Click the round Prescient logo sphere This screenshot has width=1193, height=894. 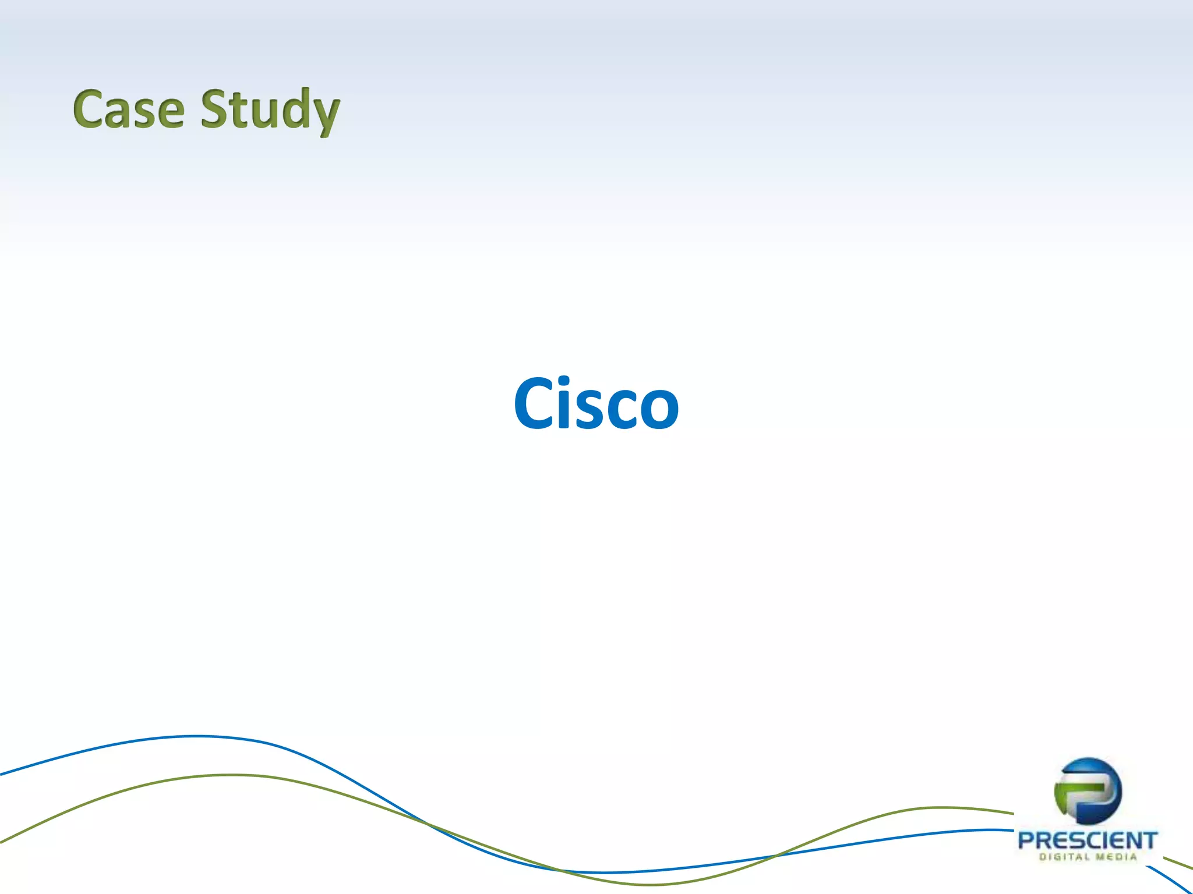coord(1088,790)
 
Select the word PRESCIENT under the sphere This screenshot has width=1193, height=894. coord(1087,840)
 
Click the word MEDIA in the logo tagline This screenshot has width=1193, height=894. coord(1117,857)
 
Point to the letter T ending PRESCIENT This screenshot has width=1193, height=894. coord(1149,840)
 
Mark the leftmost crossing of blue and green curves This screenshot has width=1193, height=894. coord(424,822)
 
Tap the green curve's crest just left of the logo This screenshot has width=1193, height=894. coord(938,807)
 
